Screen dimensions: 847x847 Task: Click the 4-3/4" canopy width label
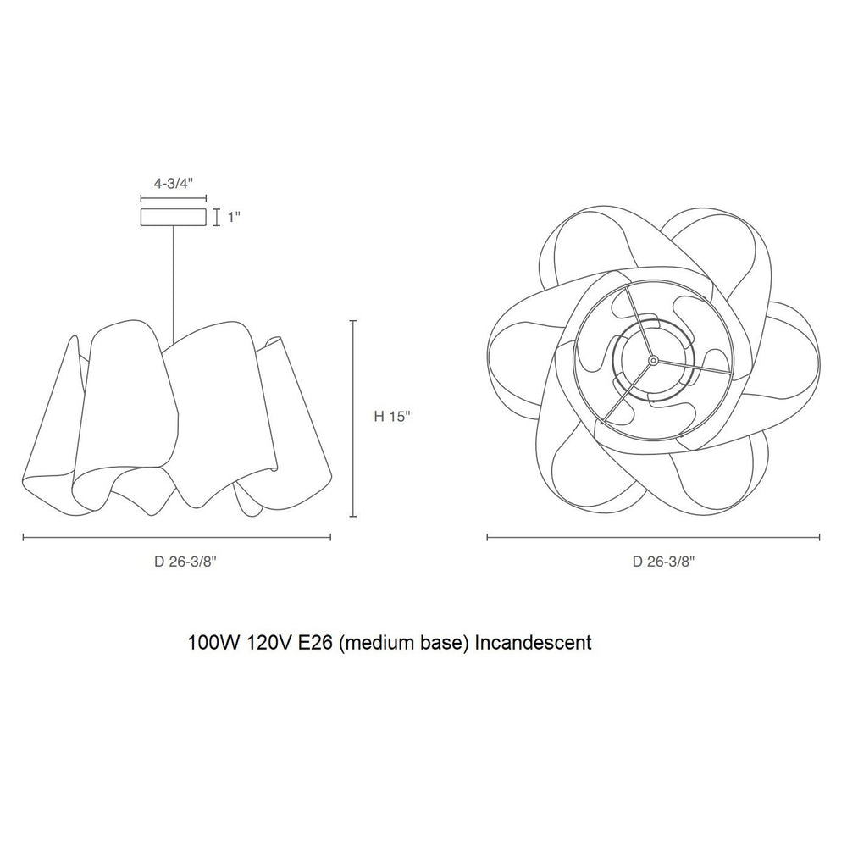(174, 184)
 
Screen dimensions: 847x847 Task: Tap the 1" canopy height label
(234, 217)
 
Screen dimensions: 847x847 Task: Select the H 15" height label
(393, 417)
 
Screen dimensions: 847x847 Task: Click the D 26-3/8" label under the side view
(185, 562)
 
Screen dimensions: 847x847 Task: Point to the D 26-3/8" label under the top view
(664, 562)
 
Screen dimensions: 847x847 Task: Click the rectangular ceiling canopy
(174, 217)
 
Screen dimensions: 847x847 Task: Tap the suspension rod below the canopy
(174, 285)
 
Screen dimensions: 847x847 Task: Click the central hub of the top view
(653, 360)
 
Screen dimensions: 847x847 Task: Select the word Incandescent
(533, 643)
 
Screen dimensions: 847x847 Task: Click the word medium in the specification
(380, 643)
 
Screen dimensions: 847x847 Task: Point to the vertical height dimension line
(353, 418)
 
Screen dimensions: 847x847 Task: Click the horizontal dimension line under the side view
(177, 537)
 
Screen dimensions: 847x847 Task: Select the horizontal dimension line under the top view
(654, 537)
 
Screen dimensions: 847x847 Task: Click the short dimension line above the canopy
(174, 198)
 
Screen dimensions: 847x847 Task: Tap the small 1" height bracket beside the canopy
(217, 217)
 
